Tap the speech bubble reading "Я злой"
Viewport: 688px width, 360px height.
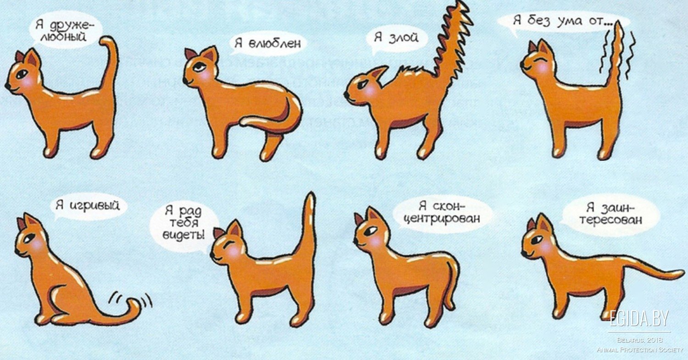pyautogui.click(x=397, y=39)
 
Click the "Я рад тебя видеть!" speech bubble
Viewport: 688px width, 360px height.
pyautogui.click(x=183, y=224)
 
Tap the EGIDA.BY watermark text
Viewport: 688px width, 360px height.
pyautogui.click(x=639, y=319)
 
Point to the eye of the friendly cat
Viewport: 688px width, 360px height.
pyautogui.click(x=22, y=74)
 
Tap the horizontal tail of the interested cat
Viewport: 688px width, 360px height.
pyautogui.click(x=648, y=270)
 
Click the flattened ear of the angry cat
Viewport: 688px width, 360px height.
pyautogui.click(x=378, y=72)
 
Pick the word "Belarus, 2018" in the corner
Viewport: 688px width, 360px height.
pyautogui.click(x=640, y=340)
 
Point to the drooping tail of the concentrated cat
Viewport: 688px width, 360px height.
pyautogui.click(x=451, y=282)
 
